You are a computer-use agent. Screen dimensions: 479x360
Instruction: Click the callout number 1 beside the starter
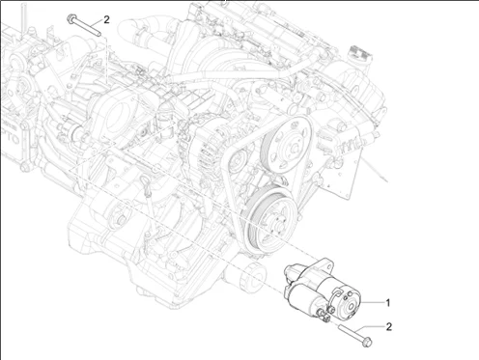pos(388,303)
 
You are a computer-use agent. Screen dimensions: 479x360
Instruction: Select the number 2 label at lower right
pos(389,327)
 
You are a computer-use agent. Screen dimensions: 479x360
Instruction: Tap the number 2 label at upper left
pos(106,20)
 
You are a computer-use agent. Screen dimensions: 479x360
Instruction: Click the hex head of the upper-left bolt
pos(70,18)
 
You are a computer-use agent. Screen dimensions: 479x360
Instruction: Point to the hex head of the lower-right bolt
pos(367,342)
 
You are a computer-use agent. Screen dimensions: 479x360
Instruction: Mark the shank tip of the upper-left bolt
pos(99,34)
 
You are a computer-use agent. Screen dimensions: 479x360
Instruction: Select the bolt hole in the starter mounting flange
pos(328,266)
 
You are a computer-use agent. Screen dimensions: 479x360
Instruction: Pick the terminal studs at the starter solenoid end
pos(325,314)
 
